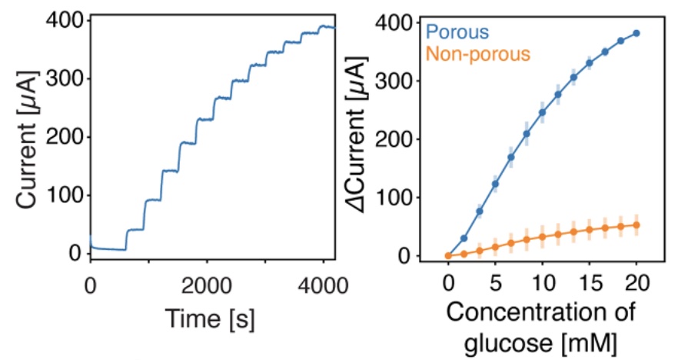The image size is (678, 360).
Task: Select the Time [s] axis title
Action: coord(211,315)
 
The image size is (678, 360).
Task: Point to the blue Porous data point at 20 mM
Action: coord(636,33)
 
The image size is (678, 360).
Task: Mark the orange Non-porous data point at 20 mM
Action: coord(636,225)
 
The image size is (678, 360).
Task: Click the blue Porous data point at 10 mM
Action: coord(542,112)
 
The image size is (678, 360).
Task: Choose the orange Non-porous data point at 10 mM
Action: coord(542,237)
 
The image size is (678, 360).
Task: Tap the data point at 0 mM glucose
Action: coord(448,255)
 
